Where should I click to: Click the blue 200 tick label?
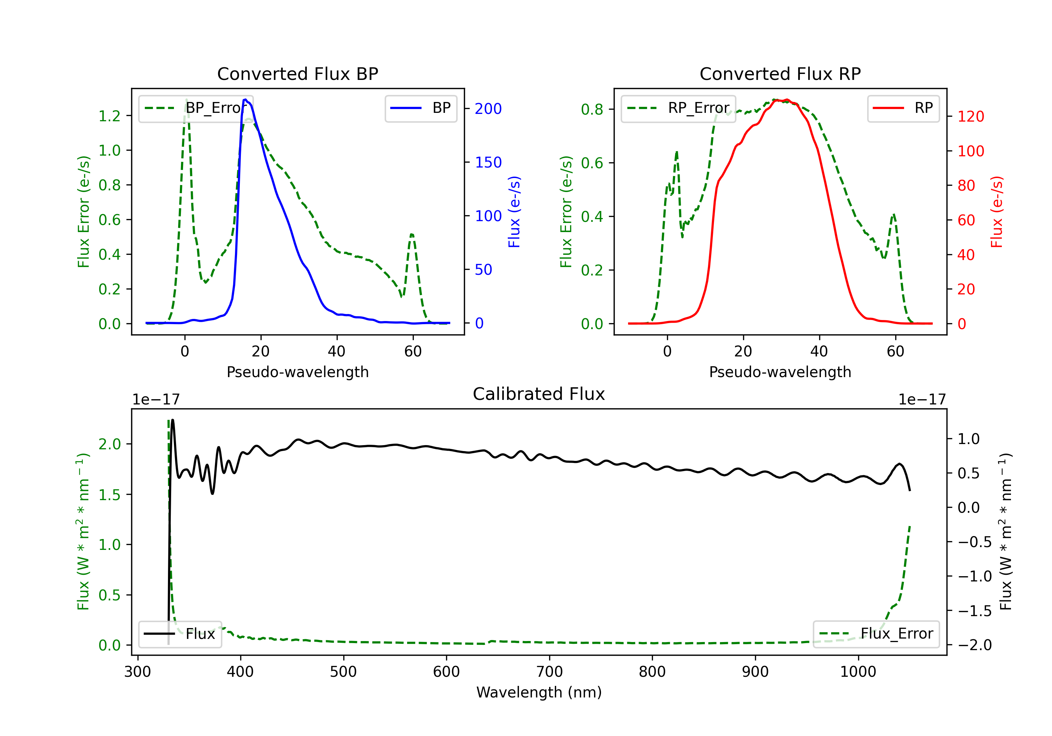[488, 109]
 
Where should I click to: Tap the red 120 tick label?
[970, 117]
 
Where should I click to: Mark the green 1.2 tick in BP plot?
[109, 116]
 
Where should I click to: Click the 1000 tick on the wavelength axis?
[858, 672]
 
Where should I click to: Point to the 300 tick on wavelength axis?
[137, 672]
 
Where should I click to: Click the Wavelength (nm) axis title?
[539, 693]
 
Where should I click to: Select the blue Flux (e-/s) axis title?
[514, 212]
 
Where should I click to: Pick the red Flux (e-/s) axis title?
[997, 212]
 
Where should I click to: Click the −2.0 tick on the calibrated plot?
[975, 645]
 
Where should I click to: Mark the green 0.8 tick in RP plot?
[592, 109]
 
